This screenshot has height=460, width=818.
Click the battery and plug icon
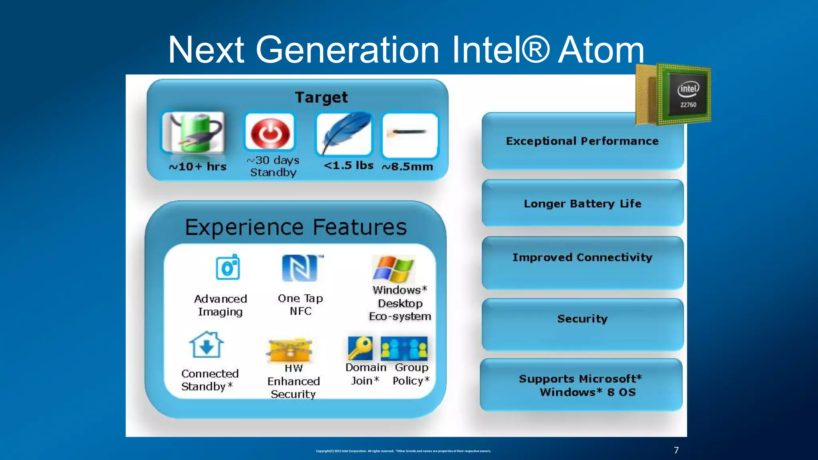click(193, 133)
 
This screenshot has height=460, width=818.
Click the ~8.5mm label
click(407, 167)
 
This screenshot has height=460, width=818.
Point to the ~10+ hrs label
click(197, 167)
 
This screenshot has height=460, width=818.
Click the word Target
click(321, 97)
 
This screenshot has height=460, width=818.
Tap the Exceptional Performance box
click(582, 141)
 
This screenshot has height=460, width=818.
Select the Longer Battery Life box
click(582, 204)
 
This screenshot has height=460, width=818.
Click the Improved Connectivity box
click(582, 258)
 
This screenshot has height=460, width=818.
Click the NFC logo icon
click(300, 268)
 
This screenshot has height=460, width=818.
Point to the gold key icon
click(360, 348)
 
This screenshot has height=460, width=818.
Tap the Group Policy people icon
click(404, 348)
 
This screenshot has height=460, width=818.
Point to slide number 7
click(676, 450)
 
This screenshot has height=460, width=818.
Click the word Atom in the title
click(601, 50)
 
